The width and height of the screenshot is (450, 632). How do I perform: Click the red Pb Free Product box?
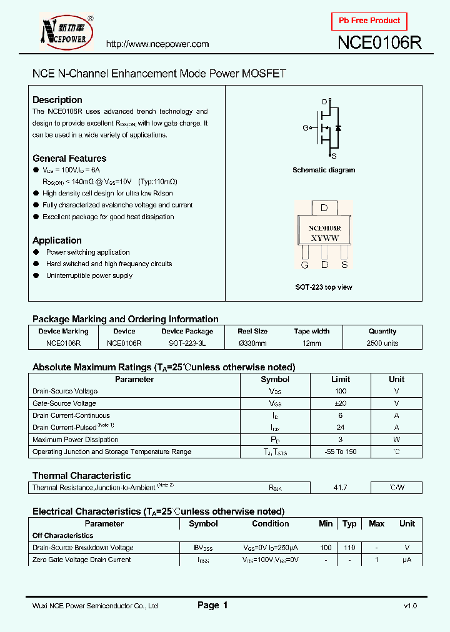point(369,21)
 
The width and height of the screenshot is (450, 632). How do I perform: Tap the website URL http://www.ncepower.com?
point(157,44)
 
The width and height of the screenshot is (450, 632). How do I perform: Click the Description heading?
point(57,100)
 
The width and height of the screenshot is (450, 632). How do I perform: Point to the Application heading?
point(57,240)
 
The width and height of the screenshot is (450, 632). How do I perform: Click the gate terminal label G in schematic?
point(306,127)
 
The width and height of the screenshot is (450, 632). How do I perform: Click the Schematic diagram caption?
point(324,170)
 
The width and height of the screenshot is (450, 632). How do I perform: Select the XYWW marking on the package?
point(324,239)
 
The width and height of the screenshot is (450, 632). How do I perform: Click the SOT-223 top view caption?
point(324,287)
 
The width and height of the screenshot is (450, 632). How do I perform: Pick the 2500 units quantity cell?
point(382,343)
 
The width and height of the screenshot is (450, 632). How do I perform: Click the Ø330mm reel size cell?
point(252,343)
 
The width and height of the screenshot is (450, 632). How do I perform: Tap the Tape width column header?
point(311,332)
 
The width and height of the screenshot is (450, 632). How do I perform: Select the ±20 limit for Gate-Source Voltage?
point(340,403)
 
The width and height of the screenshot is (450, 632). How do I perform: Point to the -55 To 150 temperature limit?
point(340,452)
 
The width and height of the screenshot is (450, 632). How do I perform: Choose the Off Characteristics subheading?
point(62,536)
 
